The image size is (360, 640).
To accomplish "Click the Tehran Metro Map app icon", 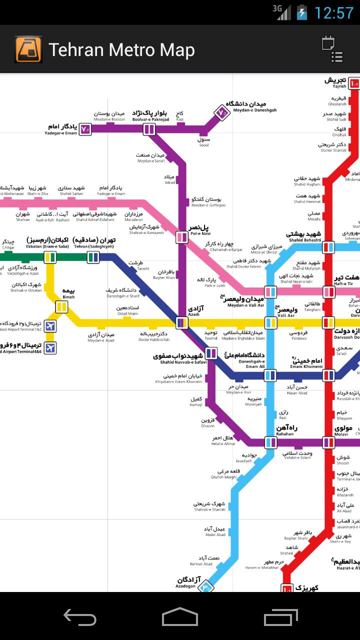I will click(x=28, y=49).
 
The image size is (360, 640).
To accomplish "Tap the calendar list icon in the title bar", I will click(x=332, y=49).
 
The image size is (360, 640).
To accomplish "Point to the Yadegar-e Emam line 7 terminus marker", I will click(x=85, y=129).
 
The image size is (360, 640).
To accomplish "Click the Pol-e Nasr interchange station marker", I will click(x=182, y=237).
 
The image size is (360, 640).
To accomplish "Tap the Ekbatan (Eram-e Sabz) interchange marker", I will click(x=49, y=257).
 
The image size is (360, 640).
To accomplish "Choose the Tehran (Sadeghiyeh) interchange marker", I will click(x=93, y=257).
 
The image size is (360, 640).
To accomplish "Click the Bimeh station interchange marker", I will click(x=61, y=306).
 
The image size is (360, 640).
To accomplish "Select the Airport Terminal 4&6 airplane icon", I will click(x=49, y=348).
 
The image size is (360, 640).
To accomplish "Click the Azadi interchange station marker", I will click(x=182, y=322).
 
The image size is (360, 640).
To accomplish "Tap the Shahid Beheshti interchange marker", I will click(x=328, y=246).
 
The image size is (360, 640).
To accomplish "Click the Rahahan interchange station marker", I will click(x=270, y=442).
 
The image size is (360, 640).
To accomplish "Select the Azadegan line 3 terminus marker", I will click(x=205, y=586).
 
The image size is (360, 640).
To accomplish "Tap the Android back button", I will click(x=80, y=617).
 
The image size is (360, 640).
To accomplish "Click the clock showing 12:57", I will click(x=333, y=12).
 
